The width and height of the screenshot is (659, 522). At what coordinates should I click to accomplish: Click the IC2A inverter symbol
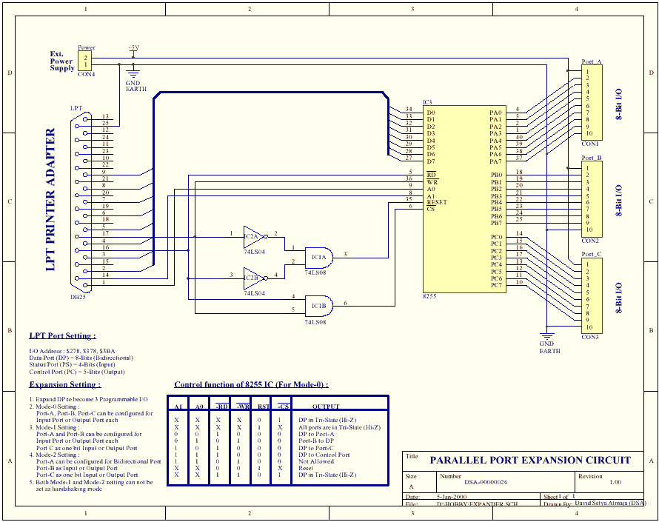[253, 236]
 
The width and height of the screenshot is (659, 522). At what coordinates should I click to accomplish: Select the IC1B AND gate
[319, 305]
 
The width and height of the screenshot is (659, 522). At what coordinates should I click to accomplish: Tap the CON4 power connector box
[86, 61]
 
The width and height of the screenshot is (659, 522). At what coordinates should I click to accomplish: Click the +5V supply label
[133, 47]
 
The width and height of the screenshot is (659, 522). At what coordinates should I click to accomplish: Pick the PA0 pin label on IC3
[495, 113]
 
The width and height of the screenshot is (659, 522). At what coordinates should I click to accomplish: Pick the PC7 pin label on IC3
[495, 285]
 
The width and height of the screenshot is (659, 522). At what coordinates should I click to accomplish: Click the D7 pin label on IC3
[431, 161]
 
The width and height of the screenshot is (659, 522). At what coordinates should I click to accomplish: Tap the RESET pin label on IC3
[437, 202]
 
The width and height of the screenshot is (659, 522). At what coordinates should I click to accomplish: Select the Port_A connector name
[592, 61]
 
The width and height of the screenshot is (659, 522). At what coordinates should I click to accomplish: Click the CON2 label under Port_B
[590, 241]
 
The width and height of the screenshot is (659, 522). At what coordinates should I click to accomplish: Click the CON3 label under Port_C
[590, 337]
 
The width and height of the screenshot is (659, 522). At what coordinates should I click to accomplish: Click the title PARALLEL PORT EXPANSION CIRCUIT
[530, 460]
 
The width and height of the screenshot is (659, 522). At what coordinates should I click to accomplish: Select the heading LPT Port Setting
[62, 335]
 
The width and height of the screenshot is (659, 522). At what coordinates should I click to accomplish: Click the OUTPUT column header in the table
[326, 406]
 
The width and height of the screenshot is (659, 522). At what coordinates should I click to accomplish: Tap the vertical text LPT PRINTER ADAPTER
[51, 200]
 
